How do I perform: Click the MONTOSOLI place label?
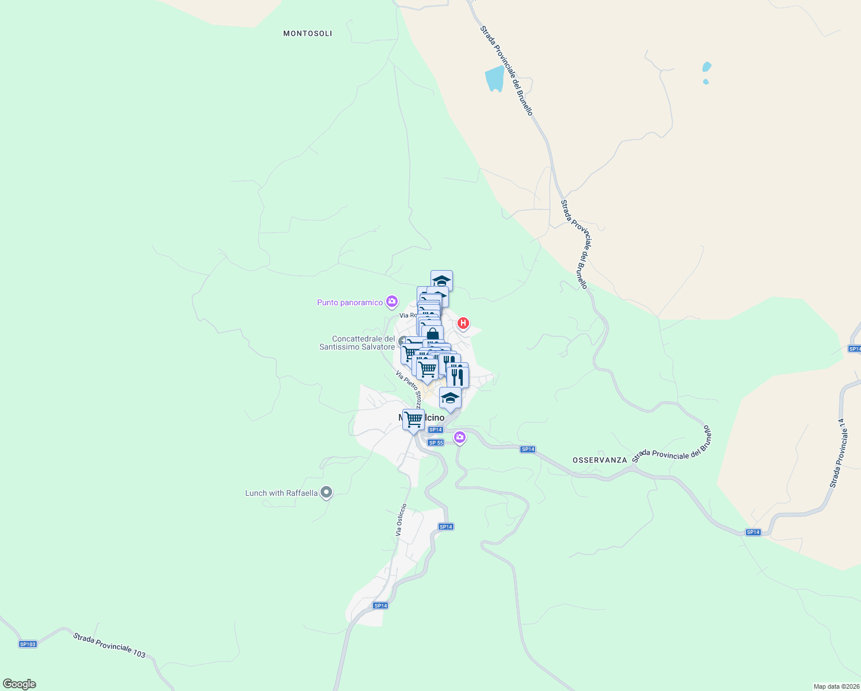click(x=307, y=33)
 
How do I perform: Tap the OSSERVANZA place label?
click(x=599, y=460)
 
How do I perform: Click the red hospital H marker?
click(x=463, y=324)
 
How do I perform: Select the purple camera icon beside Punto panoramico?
click(x=392, y=301)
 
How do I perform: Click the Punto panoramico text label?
click(x=349, y=302)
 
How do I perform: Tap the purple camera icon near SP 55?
click(x=459, y=438)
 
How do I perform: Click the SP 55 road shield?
click(x=436, y=442)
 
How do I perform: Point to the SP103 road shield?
click(x=28, y=644)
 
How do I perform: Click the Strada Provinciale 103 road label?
click(x=109, y=645)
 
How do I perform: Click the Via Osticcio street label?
click(x=401, y=520)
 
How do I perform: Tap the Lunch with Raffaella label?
click(x=281, y=493)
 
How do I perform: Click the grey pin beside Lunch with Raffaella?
click(x=326, y=492)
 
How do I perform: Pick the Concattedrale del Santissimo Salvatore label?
click(x=357, y=343)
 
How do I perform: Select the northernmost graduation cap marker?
click(x=441, y=280)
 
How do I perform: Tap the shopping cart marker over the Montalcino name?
click(x=413, y=419)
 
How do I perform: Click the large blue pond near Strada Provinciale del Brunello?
click(x=494, y=78)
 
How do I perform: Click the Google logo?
click(x=20, y=684)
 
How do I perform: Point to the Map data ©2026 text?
click(x=836, y=686)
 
